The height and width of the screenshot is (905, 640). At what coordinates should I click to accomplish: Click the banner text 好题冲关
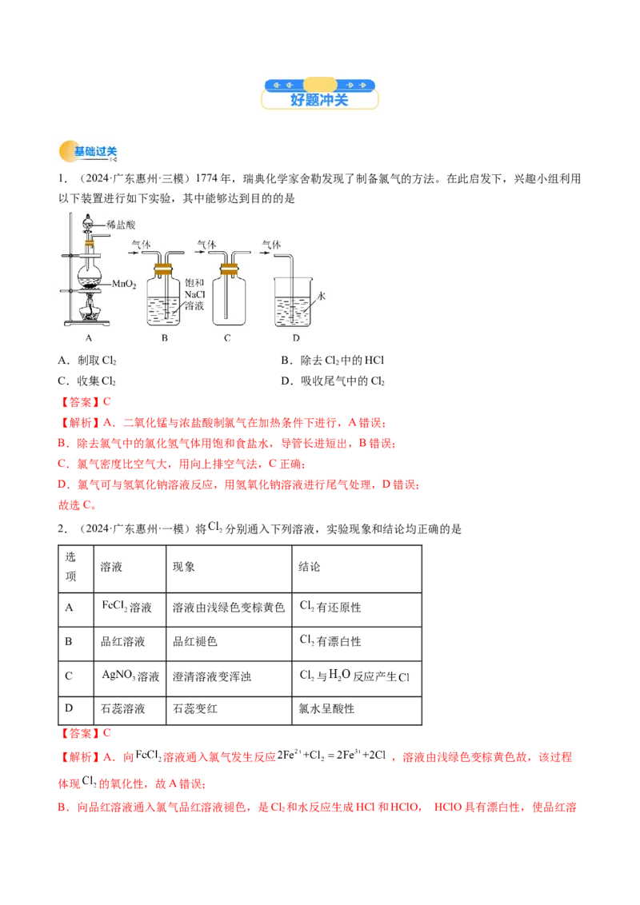point(319,101)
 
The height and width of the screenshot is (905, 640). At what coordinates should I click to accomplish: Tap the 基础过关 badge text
point(95,151)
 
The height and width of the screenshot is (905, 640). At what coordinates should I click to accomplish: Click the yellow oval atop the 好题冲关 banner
point(320,84)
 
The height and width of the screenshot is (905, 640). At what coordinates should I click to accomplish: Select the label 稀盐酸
point(122,225)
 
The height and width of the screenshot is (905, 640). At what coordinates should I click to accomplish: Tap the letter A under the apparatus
point(88,338)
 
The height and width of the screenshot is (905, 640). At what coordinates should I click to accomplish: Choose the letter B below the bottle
point(164,338)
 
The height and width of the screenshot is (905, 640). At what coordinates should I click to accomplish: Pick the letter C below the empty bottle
point(227,338)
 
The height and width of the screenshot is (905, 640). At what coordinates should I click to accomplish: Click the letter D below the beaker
point(296,338)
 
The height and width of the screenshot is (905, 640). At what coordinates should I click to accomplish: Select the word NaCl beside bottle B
point(195,295)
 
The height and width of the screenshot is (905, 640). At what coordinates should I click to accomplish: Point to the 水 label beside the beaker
point(322,296)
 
